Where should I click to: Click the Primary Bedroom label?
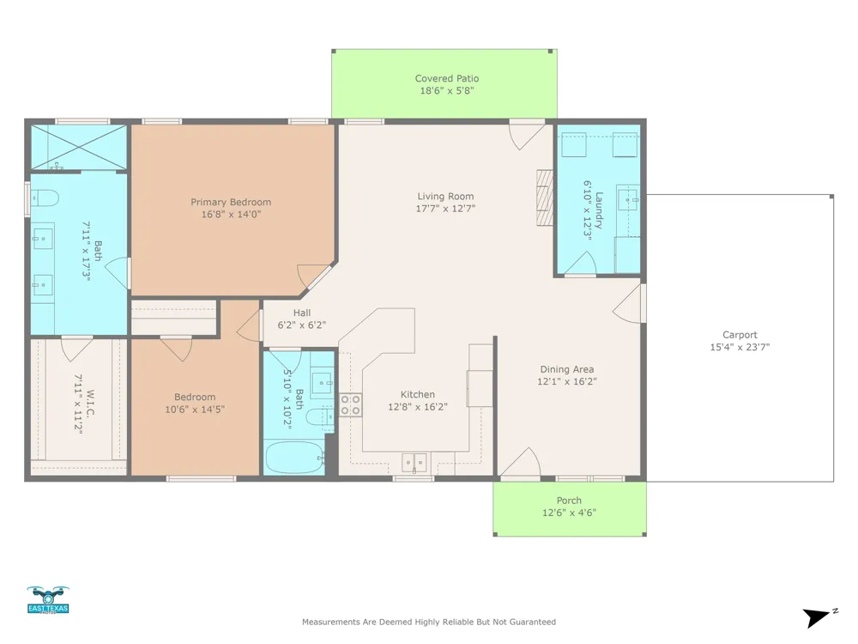(231, 202)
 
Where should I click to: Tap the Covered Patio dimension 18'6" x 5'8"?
(446, 91)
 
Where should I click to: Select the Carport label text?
(740, 335)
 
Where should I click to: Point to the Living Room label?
(445, 196)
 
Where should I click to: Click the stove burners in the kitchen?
(351, 404)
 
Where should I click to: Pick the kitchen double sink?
(414, 463)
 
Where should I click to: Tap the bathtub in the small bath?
(295, 458)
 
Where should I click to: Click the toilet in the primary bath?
(45, 197)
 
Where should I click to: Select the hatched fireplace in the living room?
(545, 197)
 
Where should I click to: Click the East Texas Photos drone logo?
(48, 600)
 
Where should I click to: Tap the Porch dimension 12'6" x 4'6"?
(569, 513)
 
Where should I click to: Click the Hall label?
(302, 313)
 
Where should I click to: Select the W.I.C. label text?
(90, 404)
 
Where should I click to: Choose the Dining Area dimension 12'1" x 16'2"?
(567, 381)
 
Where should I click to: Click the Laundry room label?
(599, 210)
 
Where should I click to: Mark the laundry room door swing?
(580, 263)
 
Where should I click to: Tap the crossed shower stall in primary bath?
(79, 148)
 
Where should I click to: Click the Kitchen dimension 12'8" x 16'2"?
(418, 407)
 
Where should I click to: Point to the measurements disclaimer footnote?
(429, 622)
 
